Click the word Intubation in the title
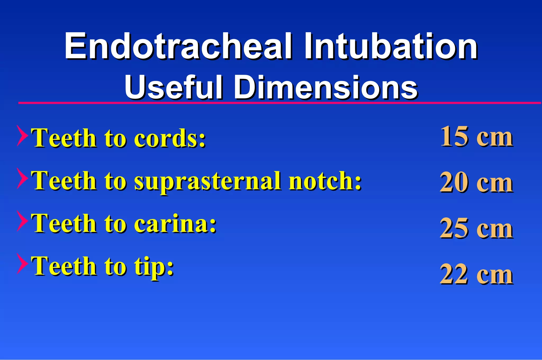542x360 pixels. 391,46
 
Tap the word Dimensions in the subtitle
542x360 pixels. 326,87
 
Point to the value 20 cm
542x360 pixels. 476,183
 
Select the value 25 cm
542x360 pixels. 476,228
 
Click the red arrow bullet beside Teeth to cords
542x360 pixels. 22,136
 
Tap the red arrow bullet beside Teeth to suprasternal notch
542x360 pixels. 22,178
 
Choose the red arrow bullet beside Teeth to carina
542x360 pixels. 22,221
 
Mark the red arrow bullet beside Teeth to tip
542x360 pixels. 22,264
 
